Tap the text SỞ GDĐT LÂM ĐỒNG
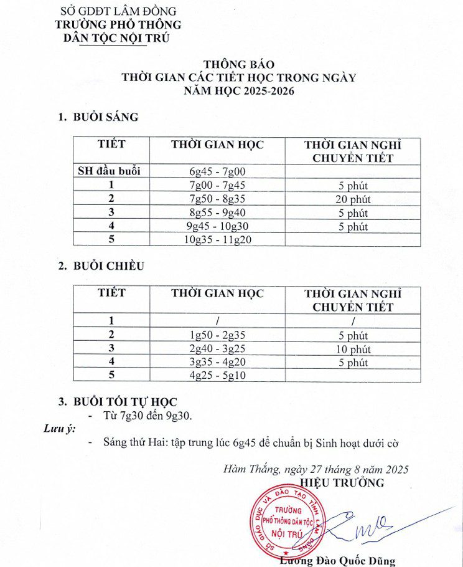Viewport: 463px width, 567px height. (x=118, y=11)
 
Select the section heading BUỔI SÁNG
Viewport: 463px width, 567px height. (x=105, y=117)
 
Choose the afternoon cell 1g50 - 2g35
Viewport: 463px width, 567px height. (x=218, y=335)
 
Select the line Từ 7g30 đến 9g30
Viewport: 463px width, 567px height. (x=147, y=416)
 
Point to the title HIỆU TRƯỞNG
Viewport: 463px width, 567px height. (x=342, y=483)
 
